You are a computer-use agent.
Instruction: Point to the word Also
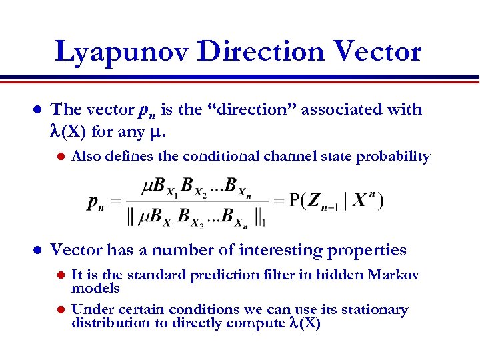pyautogui.click(x=85, y=157)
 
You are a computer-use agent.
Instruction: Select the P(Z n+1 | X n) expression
pyautogui.click(x=337, y=200)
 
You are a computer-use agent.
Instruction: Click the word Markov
pyautogui.click(x=393, y=275)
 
